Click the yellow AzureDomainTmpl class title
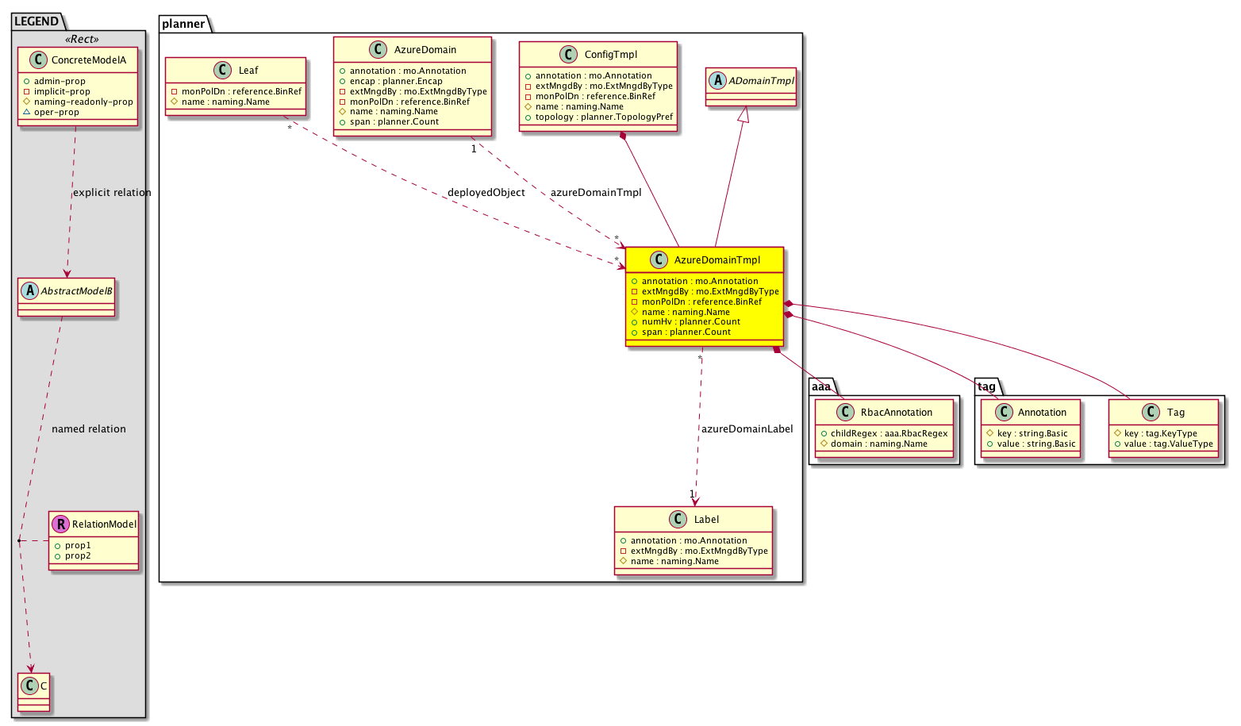717,260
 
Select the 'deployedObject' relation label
486,192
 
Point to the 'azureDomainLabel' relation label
747,429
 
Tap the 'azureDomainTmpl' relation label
596,192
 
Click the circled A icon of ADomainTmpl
717,81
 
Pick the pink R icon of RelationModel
60,524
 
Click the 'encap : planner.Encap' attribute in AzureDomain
396,81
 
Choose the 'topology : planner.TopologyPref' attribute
604,117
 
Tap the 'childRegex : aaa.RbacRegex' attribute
889,433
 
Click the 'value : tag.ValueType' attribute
1169,444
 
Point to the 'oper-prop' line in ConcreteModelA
56,112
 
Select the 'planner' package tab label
183,24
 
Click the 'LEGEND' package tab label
36,21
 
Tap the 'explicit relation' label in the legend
112,192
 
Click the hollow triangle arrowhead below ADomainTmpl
744,114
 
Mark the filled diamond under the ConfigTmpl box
623,136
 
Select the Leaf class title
248,71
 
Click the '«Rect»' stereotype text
82,39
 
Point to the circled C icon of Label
678,519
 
